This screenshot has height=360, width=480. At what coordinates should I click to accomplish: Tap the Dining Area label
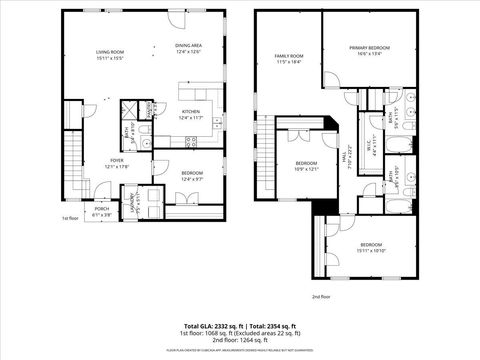189,48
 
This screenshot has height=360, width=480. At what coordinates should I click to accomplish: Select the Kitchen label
190,115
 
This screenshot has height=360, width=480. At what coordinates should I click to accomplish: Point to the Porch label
102,210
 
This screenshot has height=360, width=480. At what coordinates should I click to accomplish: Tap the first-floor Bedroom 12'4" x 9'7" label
192,175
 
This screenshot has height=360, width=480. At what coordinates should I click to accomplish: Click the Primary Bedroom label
369,50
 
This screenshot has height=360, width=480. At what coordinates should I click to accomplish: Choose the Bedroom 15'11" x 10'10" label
370,246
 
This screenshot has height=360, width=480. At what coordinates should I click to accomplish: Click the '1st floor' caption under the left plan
69,217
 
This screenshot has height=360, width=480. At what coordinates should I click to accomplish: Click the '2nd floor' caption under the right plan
319,297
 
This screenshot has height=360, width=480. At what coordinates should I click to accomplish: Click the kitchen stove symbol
192,142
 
